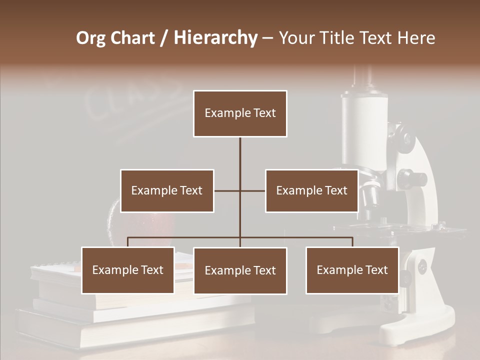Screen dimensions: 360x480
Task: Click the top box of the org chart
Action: click(x=240, y=113)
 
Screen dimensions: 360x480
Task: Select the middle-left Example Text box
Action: click(x=167, y=190)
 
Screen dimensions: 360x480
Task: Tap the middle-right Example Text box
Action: click(x=311, y=190)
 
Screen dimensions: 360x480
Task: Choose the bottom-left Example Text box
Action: click(x=128, y=270)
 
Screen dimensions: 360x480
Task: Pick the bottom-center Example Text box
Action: click(x=240, y=271)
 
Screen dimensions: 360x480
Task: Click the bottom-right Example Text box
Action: click(x=352, y=270)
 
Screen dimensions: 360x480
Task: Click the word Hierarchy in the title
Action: click(x=215, y=38)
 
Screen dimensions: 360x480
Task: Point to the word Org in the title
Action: click(x=91, y=38)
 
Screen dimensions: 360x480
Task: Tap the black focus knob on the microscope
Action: click(x=415, y=177)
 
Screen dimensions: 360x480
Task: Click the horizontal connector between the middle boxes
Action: click(x=239, y=190)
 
